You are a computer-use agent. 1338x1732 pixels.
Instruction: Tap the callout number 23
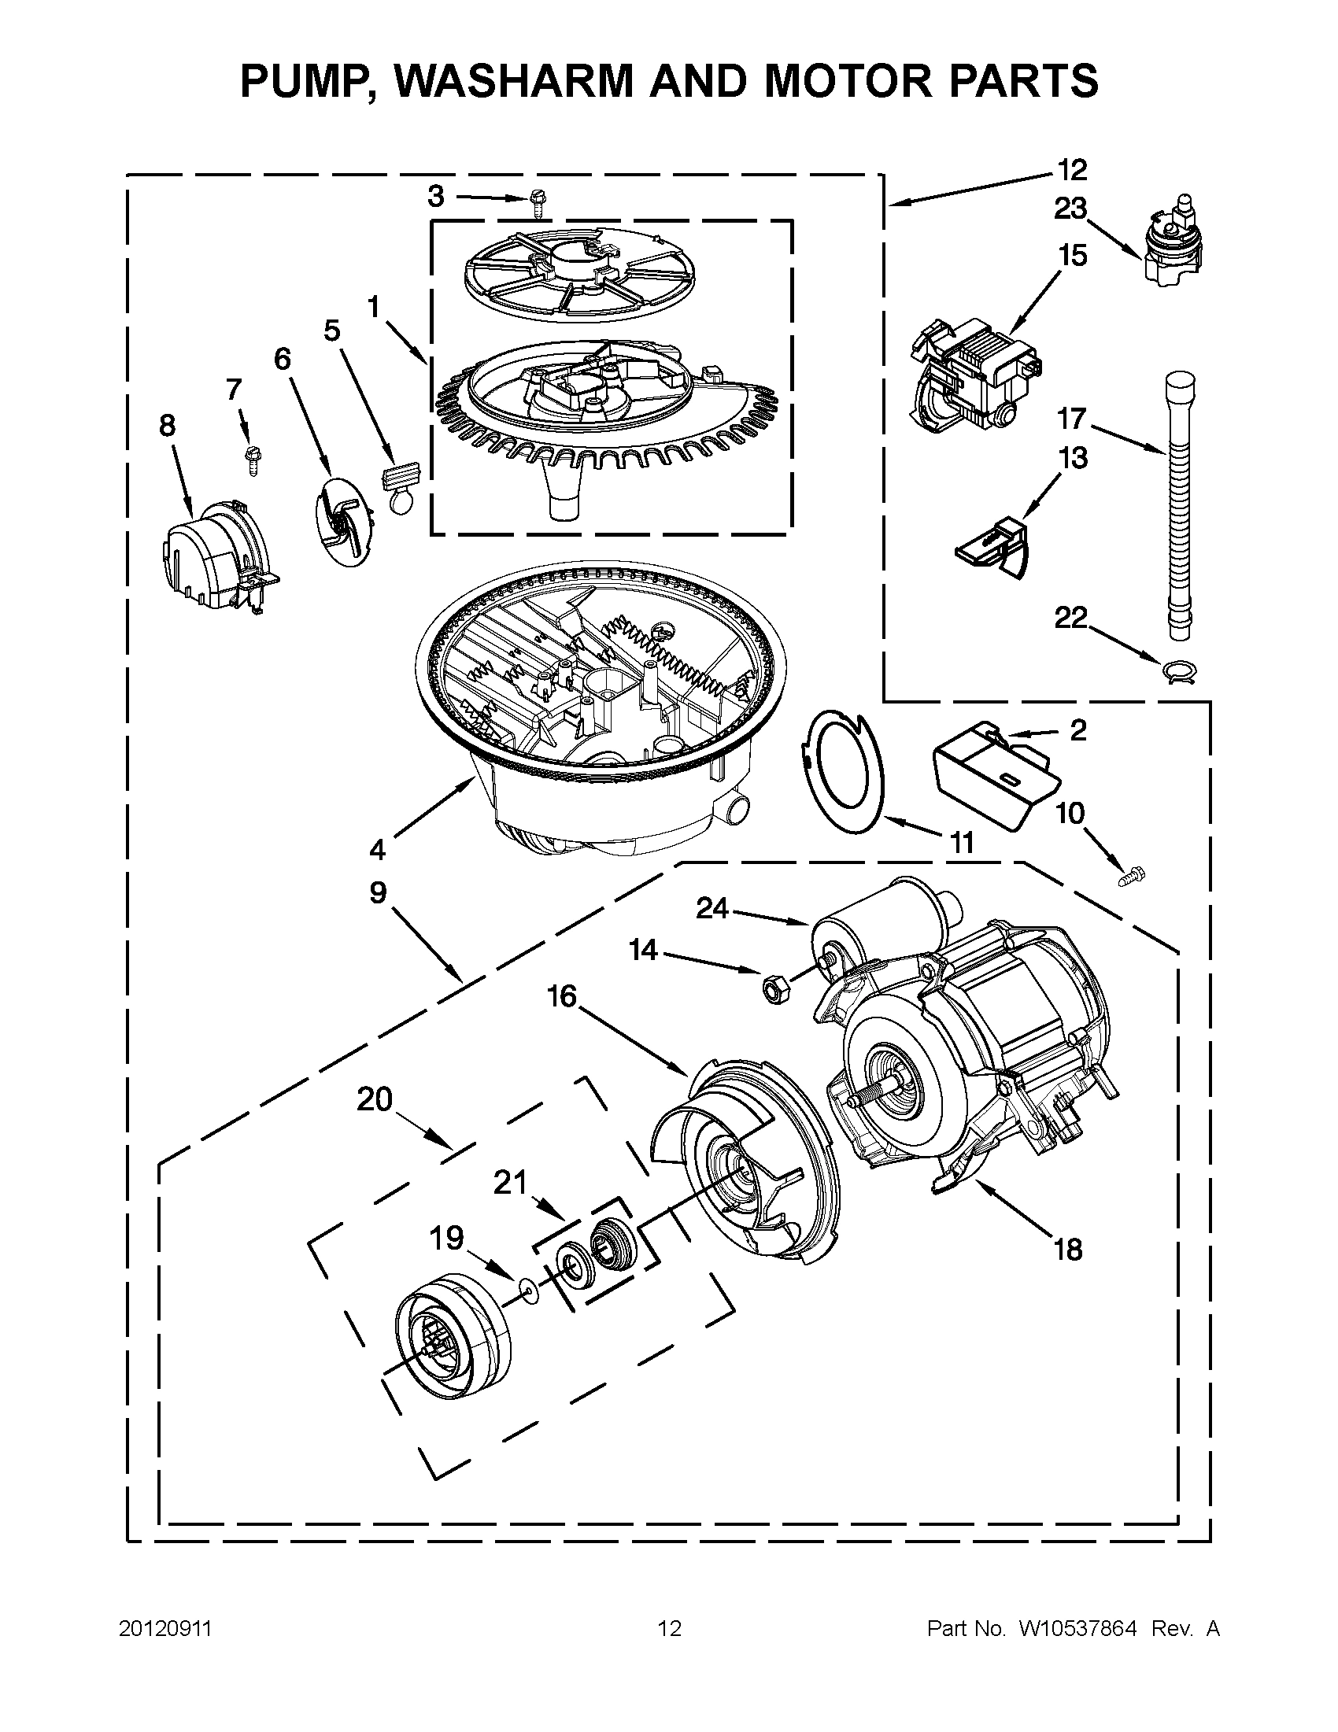tap(1070, 209)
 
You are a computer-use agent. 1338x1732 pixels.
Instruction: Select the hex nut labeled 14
tap(770, 988)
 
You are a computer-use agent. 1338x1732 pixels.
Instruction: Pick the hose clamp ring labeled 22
tap(1178, 672)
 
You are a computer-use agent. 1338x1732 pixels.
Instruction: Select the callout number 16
tap(561, 996)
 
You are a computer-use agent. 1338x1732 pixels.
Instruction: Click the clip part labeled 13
tap(992, 547)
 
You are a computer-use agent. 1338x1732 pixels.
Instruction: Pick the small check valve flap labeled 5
tap(399, 488)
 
